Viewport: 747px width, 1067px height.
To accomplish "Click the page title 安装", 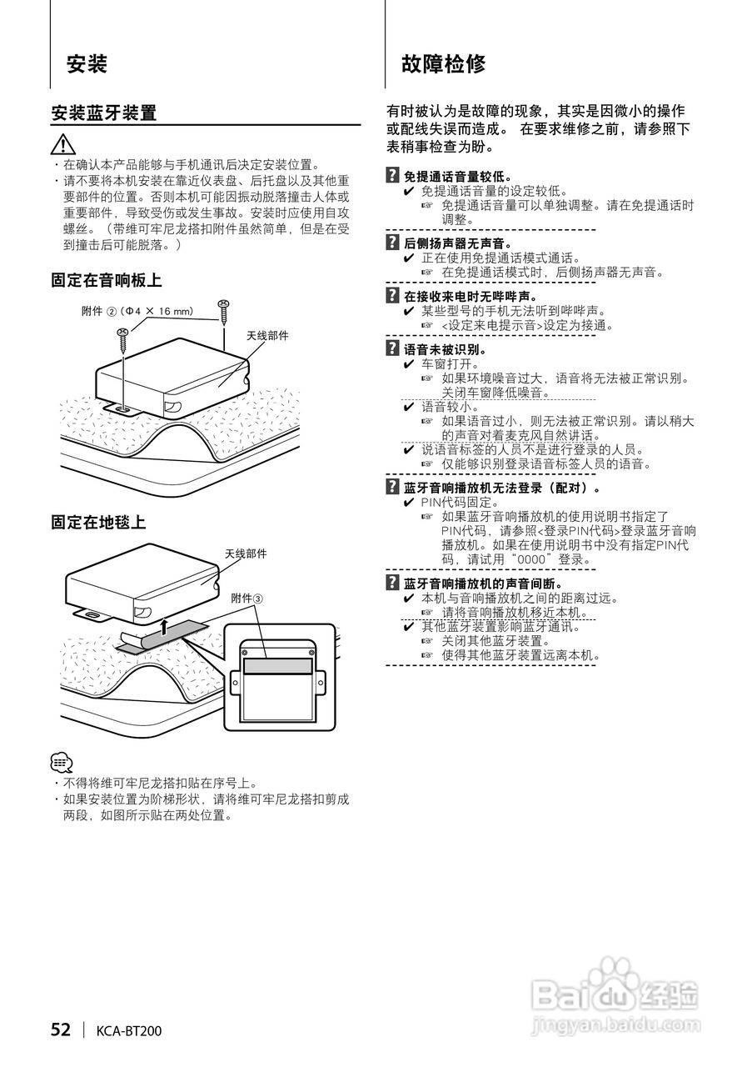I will pos(87,64).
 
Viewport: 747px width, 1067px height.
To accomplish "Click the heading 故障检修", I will pos(443,64).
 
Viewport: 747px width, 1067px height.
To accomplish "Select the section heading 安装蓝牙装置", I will pos(104,113).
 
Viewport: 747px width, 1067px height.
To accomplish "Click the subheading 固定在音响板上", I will pos(106,281).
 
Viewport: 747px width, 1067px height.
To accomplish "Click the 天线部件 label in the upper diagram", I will pos(267,335).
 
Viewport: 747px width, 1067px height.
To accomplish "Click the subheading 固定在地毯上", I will pos(98,523).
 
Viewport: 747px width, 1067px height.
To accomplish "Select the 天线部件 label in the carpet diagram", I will pos(246,554).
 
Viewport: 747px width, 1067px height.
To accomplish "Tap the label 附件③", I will pos(247,599).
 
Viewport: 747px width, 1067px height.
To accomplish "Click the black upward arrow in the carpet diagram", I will pos(165,625).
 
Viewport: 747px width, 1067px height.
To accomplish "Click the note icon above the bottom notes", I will pos(62,763).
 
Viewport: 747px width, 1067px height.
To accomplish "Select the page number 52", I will pos(61,1030).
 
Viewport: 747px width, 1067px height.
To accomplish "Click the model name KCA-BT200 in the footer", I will pos(128,1031).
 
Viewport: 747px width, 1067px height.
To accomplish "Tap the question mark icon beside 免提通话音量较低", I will pos(392,177).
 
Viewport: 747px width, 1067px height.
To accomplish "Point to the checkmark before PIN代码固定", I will pos(409,503).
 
